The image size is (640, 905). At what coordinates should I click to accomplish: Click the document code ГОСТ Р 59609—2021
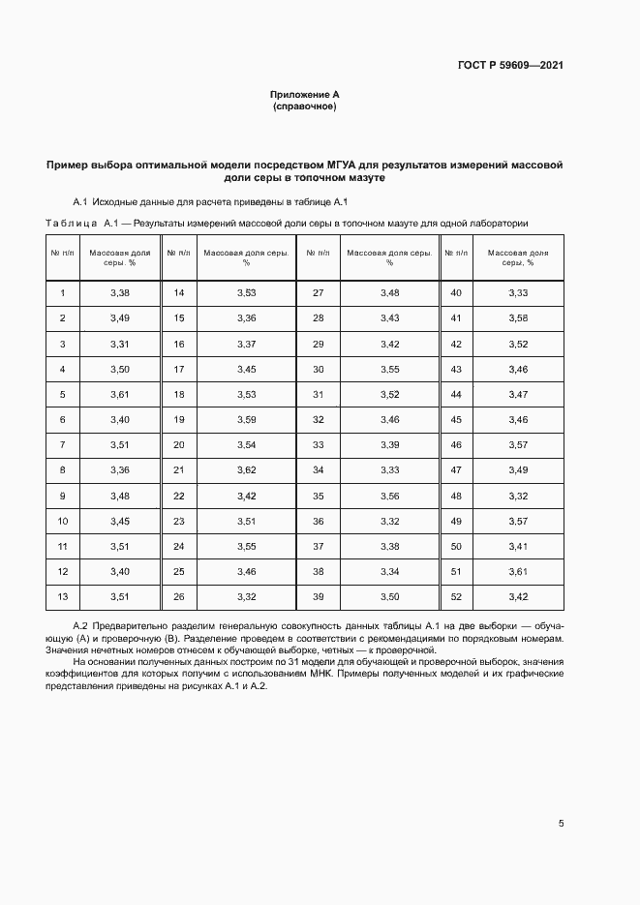[510, 66]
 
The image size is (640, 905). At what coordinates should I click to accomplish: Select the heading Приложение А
[304, 94]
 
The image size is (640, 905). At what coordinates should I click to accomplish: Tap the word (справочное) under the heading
[304, 106]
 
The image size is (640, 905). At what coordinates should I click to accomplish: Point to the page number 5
[562, 824]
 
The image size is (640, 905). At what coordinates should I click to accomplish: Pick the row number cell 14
[178, 292]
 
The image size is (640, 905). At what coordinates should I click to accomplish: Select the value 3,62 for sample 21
[246, 469]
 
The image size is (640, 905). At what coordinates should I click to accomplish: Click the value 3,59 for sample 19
[246, 419]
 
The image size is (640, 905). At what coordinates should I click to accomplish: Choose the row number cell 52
[456, 596]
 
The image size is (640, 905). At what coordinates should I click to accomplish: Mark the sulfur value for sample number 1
[120, 292]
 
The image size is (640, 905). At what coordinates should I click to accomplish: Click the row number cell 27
[317, 292]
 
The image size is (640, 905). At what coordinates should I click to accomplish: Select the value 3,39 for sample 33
[389, 444]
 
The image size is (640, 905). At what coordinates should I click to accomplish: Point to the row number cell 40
[456, 292]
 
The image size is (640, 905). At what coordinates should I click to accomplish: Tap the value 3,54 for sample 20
[246, 444]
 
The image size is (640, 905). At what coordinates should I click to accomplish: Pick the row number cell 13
[62, 596]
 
